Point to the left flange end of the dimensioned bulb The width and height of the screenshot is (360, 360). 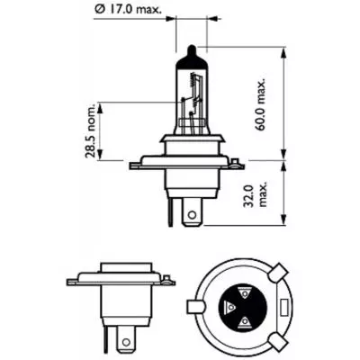[135, 165]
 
